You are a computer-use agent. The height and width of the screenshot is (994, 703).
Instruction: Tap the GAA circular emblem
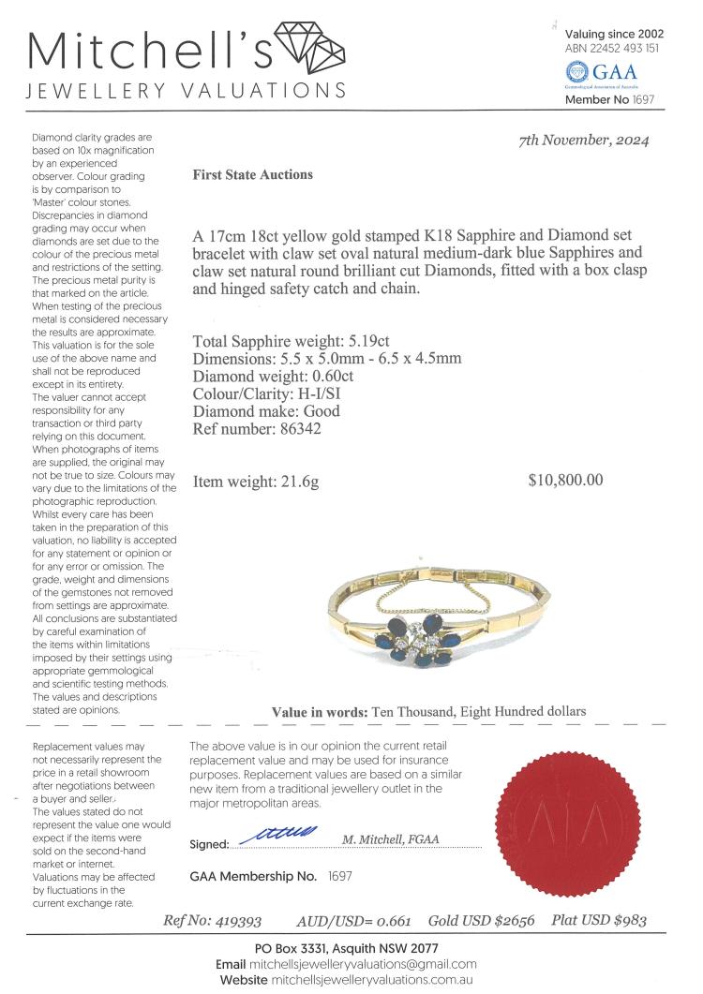pos(577,72)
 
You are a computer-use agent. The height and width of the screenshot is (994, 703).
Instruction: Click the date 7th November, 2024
pos(584,141)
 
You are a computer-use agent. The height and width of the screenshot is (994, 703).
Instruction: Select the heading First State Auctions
pos(252,174)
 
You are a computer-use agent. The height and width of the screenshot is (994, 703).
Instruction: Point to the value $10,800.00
pos(566,481)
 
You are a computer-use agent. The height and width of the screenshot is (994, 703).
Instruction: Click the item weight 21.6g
pos(298,482)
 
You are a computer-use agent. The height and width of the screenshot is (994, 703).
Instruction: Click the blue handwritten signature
pos(281,832)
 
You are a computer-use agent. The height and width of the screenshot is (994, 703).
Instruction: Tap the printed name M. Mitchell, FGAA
pos(390,839)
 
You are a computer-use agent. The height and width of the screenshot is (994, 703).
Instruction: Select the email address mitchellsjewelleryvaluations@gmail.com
pos(364,964)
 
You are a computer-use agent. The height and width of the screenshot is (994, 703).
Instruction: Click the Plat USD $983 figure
pos(599,921)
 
